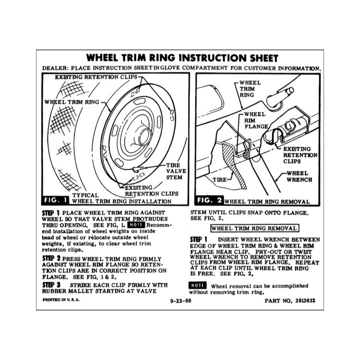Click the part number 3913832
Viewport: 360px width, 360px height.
[300, 302]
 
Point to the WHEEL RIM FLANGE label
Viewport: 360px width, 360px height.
[255, 120]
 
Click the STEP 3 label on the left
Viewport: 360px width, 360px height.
[49, 283]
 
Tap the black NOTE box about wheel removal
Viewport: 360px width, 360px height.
[198, 285]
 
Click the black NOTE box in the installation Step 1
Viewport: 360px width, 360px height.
[136, 225]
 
